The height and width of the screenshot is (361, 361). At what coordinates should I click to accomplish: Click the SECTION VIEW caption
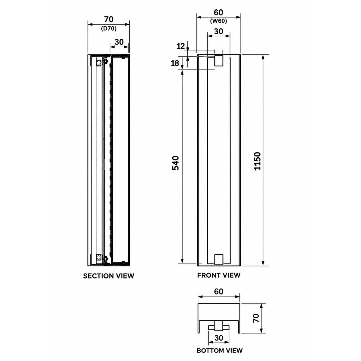pyautogui.click(x=109, y=276)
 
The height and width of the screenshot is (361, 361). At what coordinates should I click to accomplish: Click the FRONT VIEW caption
pyautogui.click(x=219, y=275)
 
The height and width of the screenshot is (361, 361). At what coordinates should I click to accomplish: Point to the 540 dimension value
pyautogui.click(x=176, y=163)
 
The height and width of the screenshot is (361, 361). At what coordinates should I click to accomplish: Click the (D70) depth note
pyautogui.click(x=109, y=29)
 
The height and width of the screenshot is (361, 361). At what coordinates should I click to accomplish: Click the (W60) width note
pyautogui.click(x=218, y=21)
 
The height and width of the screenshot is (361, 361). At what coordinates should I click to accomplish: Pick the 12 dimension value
pyautogui.click(x=181, y=46)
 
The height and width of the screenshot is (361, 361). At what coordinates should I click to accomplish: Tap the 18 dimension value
pyautogui.click(x=175, y=63)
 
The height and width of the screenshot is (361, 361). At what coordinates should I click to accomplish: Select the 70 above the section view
pyautogui.click(x=109, y=20)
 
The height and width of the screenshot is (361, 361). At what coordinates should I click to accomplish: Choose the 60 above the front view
pyautogui.click(x=218, y=12)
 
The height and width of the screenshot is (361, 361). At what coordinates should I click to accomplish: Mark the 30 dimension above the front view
pyautogui.click(x=218, y=32)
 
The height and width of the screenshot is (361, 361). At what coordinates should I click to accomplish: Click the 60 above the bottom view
pyautogui.click(x=219, y=292)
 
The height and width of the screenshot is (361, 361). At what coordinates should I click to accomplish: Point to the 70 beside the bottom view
pyautogui.click(x=256, y=318)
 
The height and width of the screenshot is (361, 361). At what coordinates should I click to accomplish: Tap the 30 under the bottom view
pyautogui.click(x=219, y=333)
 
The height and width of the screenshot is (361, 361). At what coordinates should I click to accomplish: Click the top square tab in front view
pyautogui.click(x=219, y=60)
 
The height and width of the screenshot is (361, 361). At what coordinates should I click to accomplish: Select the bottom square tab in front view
pyautogui.click(x=219, y=259)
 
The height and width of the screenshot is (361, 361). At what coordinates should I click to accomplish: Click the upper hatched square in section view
pyautogui.click(x=99, y=63)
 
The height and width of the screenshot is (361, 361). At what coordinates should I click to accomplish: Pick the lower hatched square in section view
pyautogui.click(x=99, y=257)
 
